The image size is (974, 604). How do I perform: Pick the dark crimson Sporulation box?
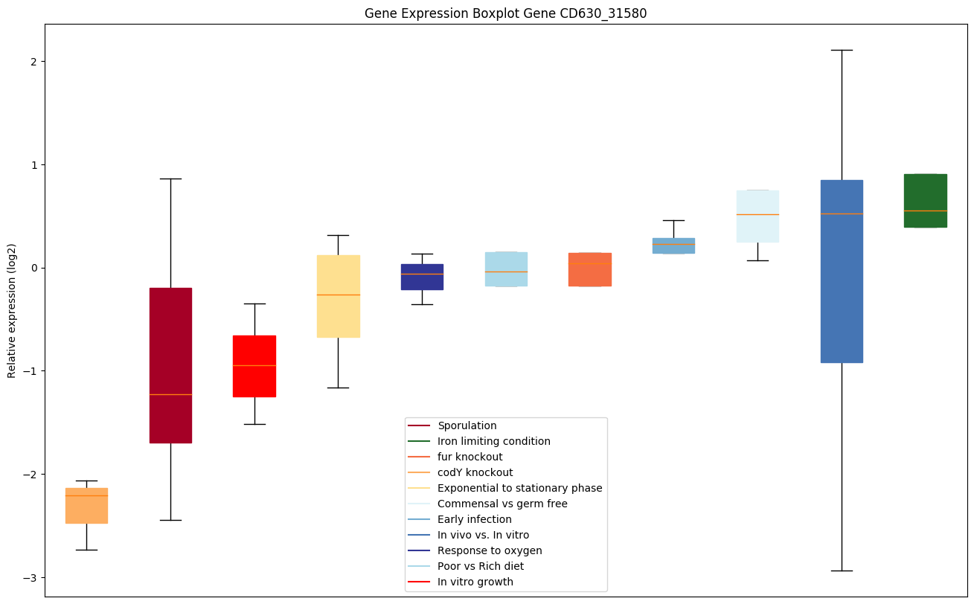tap(170, 364)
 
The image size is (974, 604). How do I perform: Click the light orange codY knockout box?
tap(86, 506)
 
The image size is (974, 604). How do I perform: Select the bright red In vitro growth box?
tap(254, 366)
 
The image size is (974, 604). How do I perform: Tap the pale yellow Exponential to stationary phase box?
tap(338, 296)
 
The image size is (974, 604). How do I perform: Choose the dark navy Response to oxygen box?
tap(422, 277)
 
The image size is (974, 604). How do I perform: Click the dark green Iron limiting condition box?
tap(925, 201)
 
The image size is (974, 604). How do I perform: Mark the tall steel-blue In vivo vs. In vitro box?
tap(842, 272)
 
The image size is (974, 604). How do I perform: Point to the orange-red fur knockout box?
tap(589, 269)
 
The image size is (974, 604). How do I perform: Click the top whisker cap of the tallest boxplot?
tap(842, 50)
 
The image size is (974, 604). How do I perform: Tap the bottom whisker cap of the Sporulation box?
tap(170, 520)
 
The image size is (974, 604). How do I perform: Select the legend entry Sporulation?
tap(467, 425)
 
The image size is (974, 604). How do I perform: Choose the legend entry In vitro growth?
tap(475, 582)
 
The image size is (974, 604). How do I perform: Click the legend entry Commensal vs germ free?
tap(502, 504)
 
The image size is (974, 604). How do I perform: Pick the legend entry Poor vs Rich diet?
tap(480, 566)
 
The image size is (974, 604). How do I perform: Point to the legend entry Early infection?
tap(474, 519)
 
